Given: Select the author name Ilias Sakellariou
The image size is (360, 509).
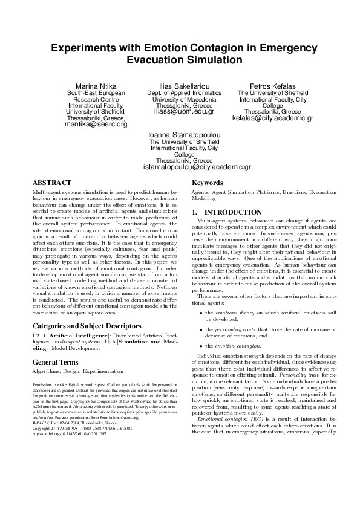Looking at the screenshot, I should (x=180, y=87).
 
